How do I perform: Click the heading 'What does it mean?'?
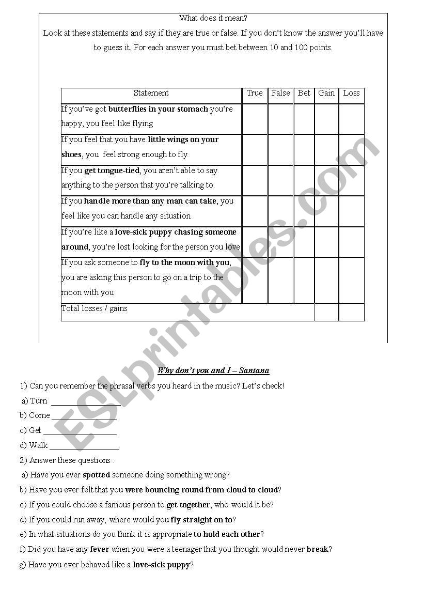click(213, 18)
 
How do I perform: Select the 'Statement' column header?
click(151, 94)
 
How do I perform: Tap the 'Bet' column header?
click(304, 94)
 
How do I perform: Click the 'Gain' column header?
click(326, 94)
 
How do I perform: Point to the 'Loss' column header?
click(351, 94)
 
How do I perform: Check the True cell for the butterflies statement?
click(255, 119)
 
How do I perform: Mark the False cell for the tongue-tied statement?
click(280, 180)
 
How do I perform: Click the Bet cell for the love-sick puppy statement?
click(304, 242)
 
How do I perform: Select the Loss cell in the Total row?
click(351, 312)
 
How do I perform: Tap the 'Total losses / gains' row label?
click(95, 309)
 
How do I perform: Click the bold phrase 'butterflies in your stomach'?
click(158, 109)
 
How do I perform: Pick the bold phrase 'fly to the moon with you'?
click(185, 262)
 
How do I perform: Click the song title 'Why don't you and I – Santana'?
click(213, 370)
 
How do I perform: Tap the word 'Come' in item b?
click(39, 415)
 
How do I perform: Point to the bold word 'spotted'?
click(96, 475)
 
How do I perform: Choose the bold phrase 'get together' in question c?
click(188, 505)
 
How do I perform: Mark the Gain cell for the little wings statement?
click(326, 150)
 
